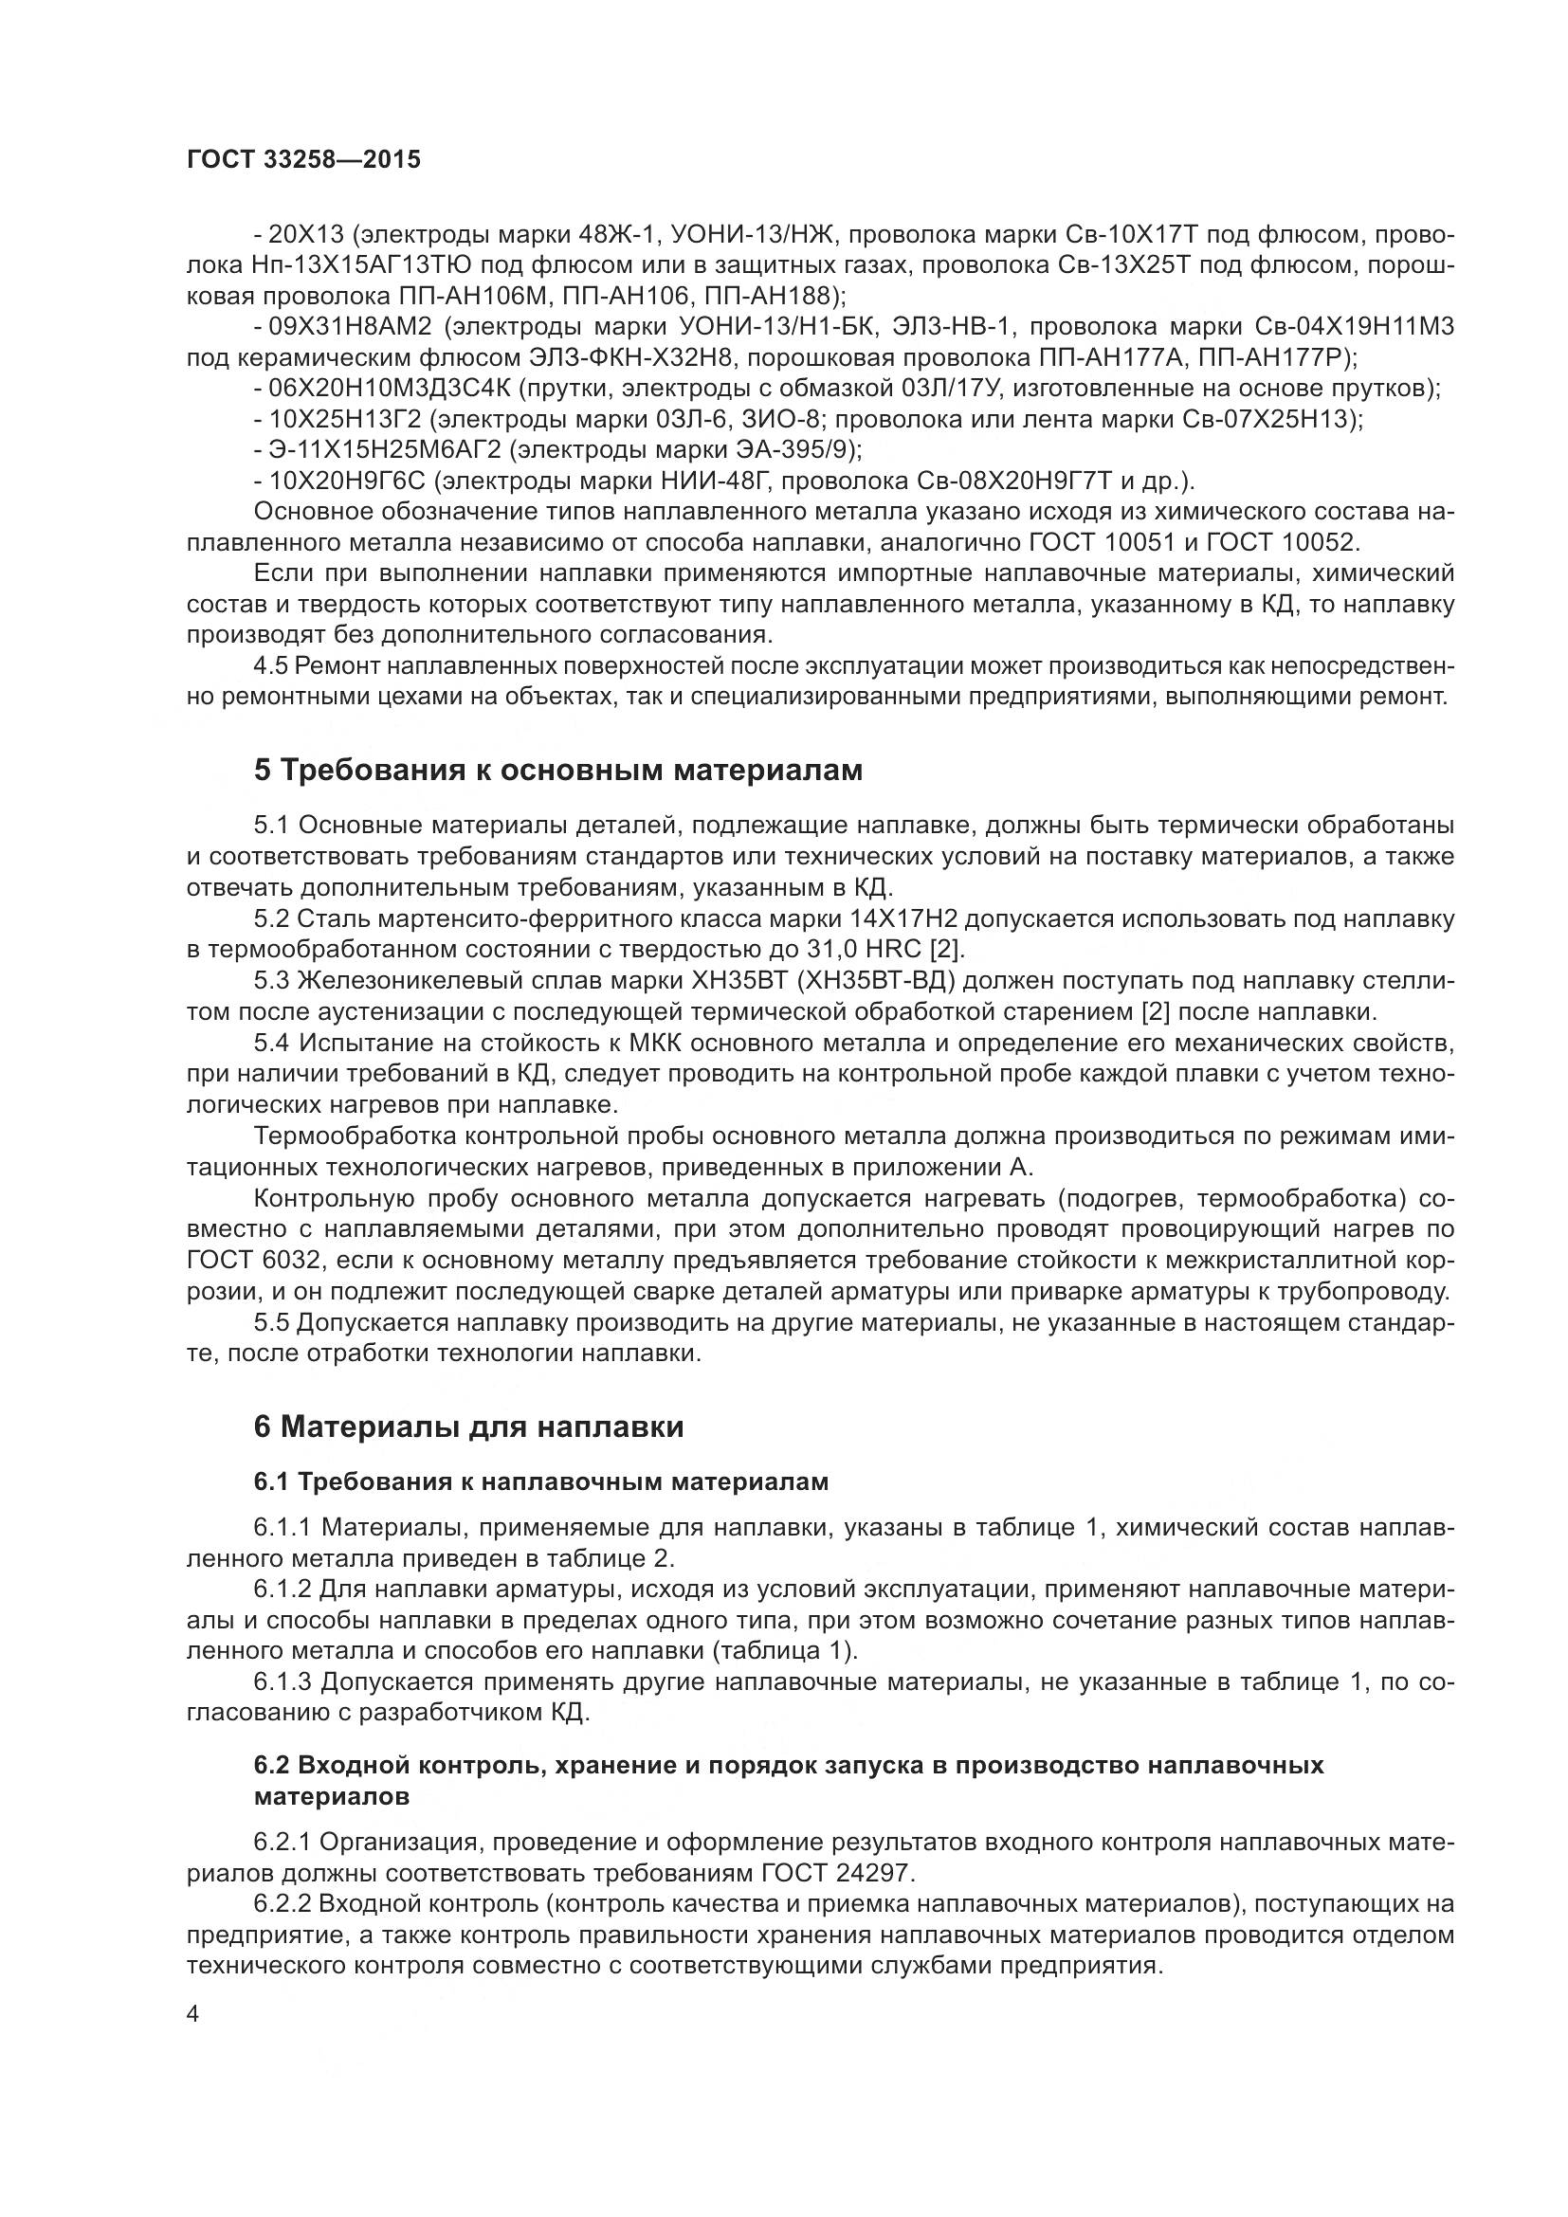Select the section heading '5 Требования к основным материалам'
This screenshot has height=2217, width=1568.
pyautogui.click(x=557, y=771)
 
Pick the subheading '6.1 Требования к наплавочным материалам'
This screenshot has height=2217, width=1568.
pyautogui.click(x=540, y=1481)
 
